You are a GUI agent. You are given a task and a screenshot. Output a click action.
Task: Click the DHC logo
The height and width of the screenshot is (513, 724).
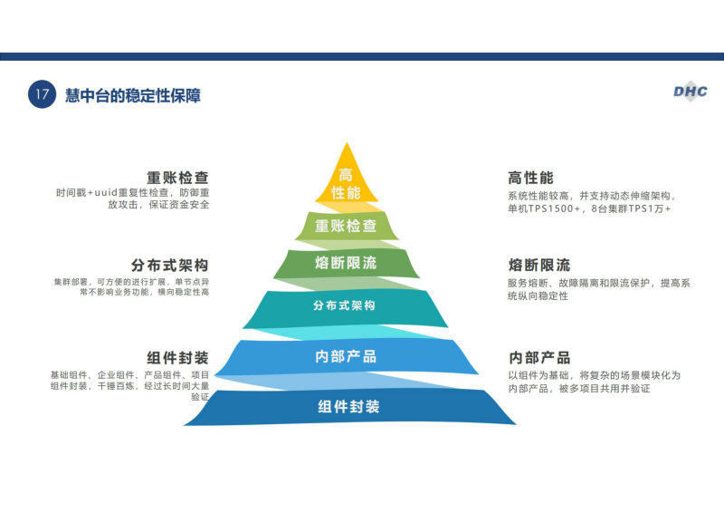pyautogui.click(x=691, y=92)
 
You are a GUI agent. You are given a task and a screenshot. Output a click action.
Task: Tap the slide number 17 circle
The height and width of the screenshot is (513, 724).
pyautogui.click(x=42, y=94)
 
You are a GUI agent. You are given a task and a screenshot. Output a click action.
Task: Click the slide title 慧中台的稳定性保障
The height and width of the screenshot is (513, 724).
pyautogui.click(x=133, y=96)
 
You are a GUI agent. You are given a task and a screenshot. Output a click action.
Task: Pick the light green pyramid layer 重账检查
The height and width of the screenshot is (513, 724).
pyautogui.click(x=347, y=226)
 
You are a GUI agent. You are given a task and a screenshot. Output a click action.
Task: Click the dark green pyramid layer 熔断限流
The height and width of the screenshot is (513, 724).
pyautogui.click(x=347, y=263)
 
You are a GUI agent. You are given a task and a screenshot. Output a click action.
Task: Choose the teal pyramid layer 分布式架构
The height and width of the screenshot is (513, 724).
pyautogui.click(x=345, y=307)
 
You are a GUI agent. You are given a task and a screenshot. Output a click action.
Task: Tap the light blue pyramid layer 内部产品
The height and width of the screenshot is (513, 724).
pyautogui.click(x=347, y=356)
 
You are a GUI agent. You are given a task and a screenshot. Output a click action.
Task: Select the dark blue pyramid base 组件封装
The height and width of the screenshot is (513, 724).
pyautogui.click(x=349, y=407)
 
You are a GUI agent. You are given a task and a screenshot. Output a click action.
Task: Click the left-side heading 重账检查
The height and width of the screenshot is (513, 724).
pyautogui.click(x=177, y=178)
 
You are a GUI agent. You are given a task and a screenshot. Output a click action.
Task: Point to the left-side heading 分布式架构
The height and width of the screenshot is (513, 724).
pyautogui.click(x=170, y=266)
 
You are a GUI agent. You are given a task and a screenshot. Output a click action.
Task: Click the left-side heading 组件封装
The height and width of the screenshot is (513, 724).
pyautogui.click(x=177, y=358)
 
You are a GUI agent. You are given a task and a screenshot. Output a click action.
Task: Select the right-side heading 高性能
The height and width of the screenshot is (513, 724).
pyautogui.click(x=530, y=178)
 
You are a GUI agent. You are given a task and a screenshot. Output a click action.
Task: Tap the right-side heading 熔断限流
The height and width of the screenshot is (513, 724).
pyautogui.click(x=538, y=265)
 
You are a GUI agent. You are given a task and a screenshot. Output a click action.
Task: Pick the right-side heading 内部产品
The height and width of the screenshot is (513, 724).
pyautogui.click(x=538, y=358)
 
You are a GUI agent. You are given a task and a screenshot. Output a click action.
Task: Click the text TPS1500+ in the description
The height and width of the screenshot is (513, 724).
pyautogui.click(x=554, y=208)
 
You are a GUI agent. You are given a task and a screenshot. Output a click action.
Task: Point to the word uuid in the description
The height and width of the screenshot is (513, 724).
pyautogui.click(x=106, y=192)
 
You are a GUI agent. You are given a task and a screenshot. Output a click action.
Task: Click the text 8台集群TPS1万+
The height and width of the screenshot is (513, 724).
pyautogui.click(x=631, y=208)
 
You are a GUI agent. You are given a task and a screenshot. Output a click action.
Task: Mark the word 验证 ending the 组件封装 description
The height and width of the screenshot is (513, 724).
pyautogui.click(x=200, y=397)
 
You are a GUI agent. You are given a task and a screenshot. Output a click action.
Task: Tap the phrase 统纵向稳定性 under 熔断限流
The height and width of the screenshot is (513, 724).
pyautogui.click(x=538, y=296)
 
